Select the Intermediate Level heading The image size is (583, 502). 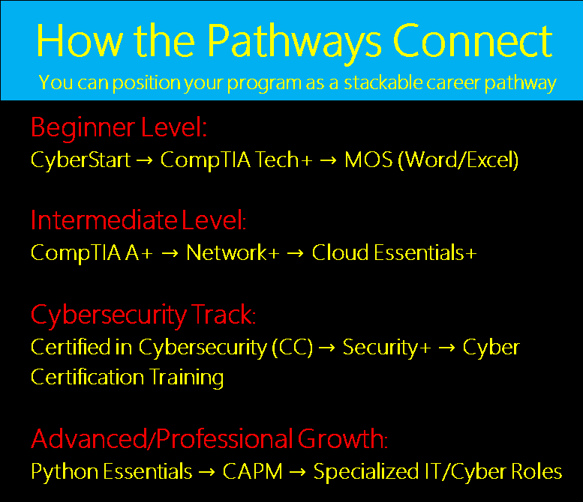click(x=139, y=220)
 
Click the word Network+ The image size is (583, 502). click(x=233, y=253)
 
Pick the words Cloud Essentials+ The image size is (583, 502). click(x=394, y=253)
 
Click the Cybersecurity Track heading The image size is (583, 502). click(x=143, y=315)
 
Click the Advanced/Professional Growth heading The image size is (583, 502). click(x=209, y=438)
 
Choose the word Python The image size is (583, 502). click(x=62, y=472)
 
